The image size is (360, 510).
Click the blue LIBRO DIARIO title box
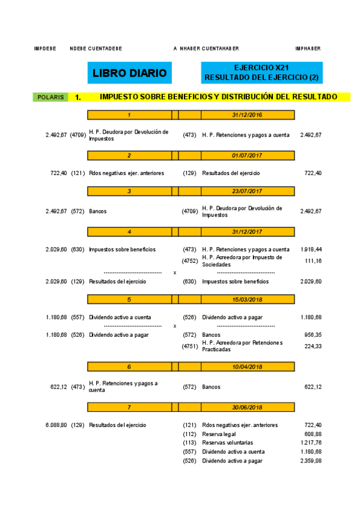point(129,73)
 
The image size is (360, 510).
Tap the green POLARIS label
point(50,97)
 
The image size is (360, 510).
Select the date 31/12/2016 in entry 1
point(246,114)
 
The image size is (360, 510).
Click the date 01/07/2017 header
point(246,155)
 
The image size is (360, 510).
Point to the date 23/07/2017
point(246,191)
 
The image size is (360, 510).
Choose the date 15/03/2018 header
point(246,299)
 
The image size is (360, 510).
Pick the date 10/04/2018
point(246,366)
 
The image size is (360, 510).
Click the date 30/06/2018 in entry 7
point(246,407)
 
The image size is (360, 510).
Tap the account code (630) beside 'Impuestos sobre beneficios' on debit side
point(77,249)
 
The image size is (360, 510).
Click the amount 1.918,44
point(311,249)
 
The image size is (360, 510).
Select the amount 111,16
point(313,261)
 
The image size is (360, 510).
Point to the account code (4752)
point(190,261)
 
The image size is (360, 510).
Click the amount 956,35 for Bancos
point(313,334)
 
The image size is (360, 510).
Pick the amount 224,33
point(313,346)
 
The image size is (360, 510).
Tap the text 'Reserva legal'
point(219,434)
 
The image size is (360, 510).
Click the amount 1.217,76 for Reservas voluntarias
point(311,443)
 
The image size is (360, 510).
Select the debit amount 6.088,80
point(56,425)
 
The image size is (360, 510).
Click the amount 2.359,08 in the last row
point(311,461)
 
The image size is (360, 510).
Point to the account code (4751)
point(190,346)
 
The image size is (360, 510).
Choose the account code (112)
point(190,434)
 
